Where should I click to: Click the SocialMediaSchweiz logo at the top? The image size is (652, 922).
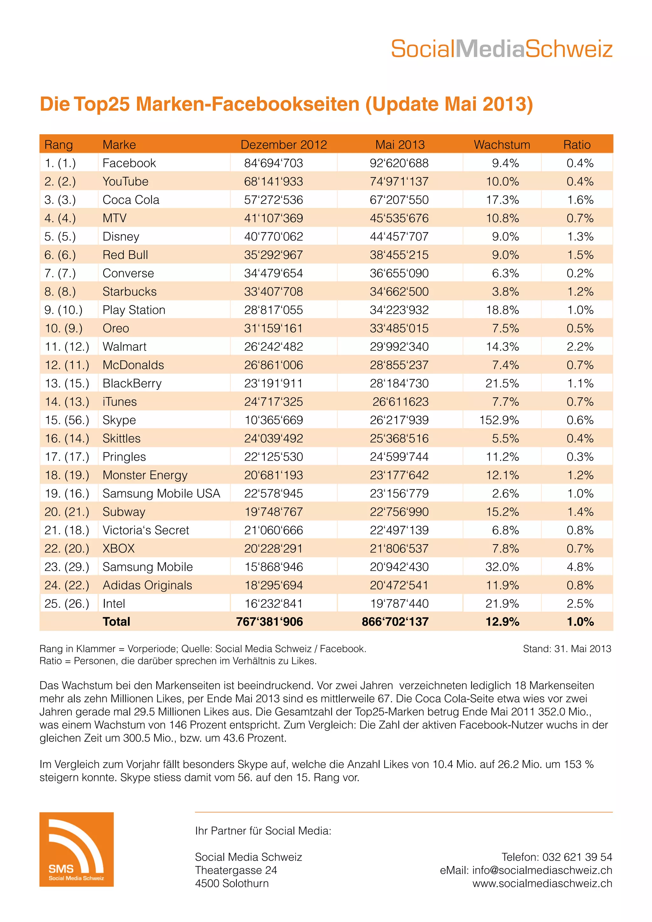[501, 49]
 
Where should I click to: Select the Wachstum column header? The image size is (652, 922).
[502, 144]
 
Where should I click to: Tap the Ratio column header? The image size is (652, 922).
[577, 144]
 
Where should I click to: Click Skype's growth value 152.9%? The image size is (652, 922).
[499, 420]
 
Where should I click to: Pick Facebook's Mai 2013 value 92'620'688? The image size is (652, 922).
[399, 163]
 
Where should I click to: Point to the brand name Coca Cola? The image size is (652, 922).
[131, 199]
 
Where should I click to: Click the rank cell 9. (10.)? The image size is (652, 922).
[63, 310]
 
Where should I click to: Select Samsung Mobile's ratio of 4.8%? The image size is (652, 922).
[580, 567]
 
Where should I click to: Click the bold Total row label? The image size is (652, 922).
[117, 622]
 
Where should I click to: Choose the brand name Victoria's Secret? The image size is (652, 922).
[146, 530]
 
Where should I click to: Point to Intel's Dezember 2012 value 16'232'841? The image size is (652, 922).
[273, 604]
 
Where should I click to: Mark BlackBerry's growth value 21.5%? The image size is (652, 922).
[502, 383]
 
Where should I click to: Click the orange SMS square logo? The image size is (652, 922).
[76, 850]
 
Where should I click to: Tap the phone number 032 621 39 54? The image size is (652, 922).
[577, 857]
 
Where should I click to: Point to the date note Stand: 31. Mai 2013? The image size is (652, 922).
[567, 648]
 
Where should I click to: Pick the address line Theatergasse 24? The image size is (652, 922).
[236, 870]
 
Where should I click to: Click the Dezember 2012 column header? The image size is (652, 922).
[284, 144]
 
